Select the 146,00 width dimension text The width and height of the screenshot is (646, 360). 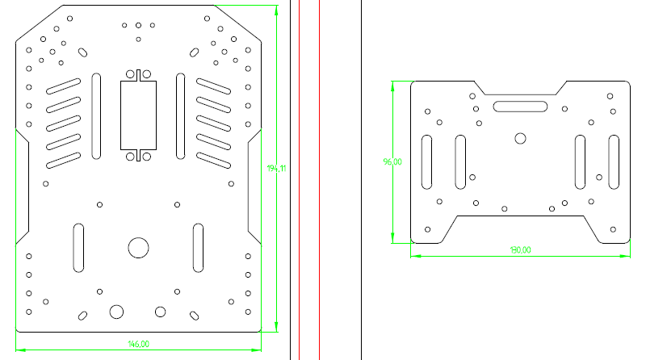click(139, 344)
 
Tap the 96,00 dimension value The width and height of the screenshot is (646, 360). click(392, 161)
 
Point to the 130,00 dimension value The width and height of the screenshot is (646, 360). click(520, 249)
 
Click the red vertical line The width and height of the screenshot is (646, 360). click(300, 178)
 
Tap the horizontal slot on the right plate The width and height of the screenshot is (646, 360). click(521, 105)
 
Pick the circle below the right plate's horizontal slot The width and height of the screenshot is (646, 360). click(520, 138)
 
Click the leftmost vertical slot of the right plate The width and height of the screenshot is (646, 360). click(426, 161)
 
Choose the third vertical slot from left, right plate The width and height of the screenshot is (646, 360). click(580, 161)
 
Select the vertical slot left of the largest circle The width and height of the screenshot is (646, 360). click(78, 247)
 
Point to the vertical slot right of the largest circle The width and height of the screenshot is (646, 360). click(198, 247)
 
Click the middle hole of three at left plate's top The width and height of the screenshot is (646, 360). click(139, 25)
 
